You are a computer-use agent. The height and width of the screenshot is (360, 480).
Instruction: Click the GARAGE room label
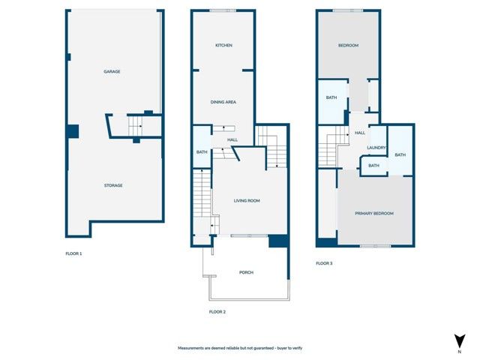click(x=112, y=71)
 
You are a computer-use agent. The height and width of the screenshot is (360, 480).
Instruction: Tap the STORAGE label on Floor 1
click(x=112, y=185)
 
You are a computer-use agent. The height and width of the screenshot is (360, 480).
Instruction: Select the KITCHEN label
click(x=223, y=46)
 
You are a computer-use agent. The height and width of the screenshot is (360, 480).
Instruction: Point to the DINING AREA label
click(x=223, y=100)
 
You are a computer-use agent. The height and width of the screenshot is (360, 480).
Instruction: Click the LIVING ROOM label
click(x=247, y=201)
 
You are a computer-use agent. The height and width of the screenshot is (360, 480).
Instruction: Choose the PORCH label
click(x=247, y=272)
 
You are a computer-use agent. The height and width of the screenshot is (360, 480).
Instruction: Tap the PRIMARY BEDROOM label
click(x=375, y=213)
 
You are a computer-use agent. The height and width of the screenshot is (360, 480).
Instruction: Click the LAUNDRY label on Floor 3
click(x=376, y=148)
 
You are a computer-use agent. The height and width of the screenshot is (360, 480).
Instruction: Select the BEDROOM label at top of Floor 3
click(x=348, y=46)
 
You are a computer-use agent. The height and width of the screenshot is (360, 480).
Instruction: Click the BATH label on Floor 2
click(x=202, y=152)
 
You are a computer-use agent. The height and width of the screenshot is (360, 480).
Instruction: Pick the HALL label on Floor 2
click(x=223, y=139)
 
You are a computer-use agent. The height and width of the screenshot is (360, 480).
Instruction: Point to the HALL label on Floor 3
click(x=360, y=133)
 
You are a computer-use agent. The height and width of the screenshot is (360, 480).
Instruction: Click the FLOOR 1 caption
click(x=73, y=253)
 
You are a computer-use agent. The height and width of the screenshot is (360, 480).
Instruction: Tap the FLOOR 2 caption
click(x=217, y=311)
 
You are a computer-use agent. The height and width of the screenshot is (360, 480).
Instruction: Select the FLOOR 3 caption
click(x=323, y=263)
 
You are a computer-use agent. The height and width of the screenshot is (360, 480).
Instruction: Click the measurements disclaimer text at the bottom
click(x=239, y=348)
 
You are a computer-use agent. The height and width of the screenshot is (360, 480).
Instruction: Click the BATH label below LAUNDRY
click(x=373, y=166)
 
